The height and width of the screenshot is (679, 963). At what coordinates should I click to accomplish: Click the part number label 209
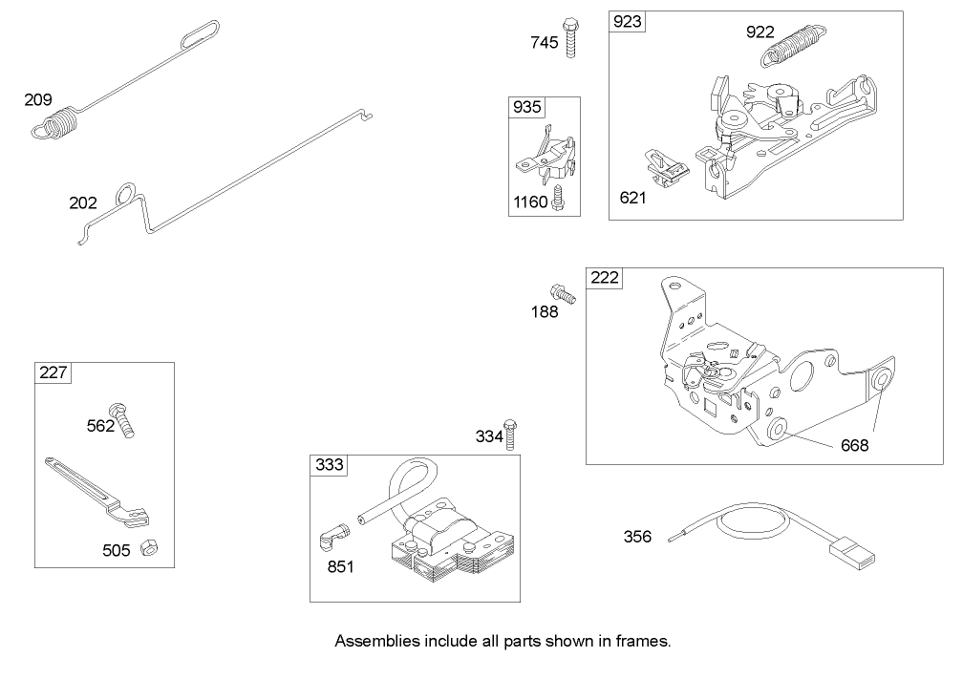pos(38,99)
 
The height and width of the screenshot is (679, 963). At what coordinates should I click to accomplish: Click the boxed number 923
pos(628,22)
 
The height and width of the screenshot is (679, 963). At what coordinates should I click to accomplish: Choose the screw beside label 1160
pos(559,198)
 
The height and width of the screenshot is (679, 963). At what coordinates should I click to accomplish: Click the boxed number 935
pos(526,106)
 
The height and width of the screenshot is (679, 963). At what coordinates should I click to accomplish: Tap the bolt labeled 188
pos(563,294)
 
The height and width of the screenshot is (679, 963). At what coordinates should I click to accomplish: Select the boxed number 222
pos(605,278)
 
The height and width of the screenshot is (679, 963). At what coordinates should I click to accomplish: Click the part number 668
pos(855,445)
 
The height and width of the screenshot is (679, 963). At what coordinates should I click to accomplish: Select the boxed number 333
pos(329,465)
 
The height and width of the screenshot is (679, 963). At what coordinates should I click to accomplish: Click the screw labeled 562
pos(124,419)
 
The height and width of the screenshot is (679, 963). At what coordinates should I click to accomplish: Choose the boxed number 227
pos(53,372)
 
